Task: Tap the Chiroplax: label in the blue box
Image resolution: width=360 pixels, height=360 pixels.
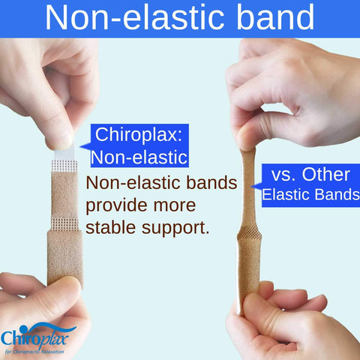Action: click(x=139, y=135)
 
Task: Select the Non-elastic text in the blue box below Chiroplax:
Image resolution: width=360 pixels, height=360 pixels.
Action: click(x=139, y=157)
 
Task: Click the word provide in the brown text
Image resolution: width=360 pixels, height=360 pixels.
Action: click(x=119, y=205)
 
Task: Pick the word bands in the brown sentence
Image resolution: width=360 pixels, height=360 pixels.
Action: click(x=212, y=182)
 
